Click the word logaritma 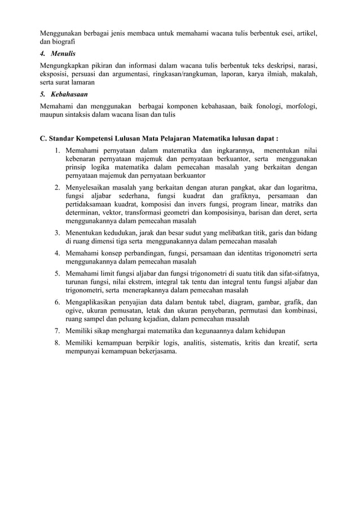pos(298,187)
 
